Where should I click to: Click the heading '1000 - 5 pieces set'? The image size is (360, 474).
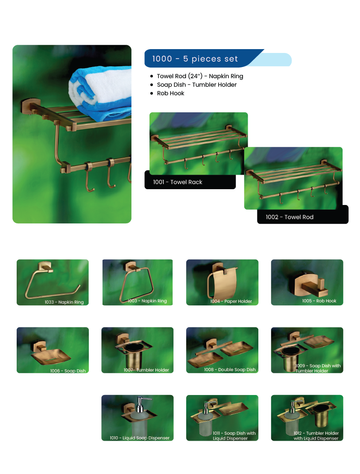click(195, 59)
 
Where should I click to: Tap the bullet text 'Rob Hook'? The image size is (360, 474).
click(170, 94)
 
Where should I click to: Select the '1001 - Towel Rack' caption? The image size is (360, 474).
click(177, 182)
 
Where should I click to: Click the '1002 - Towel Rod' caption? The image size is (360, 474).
click(290, 217)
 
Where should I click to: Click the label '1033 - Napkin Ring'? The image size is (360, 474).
click(64, 302)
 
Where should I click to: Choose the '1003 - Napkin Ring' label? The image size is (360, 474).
click(147, 301)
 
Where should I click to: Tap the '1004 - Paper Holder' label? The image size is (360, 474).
click(231, 301)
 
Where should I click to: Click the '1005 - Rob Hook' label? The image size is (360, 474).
click(319, 301)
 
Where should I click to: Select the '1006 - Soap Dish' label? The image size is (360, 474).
click(68, 371)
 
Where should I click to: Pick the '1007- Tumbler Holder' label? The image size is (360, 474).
click(146, 370)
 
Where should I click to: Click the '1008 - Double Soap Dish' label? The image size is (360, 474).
click(230, 369)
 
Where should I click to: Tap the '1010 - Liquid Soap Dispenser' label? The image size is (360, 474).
click(140, 438)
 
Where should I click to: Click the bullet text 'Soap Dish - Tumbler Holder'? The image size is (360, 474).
click(197, 85)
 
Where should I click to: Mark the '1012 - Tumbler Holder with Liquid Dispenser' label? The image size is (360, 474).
click(316, 436)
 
